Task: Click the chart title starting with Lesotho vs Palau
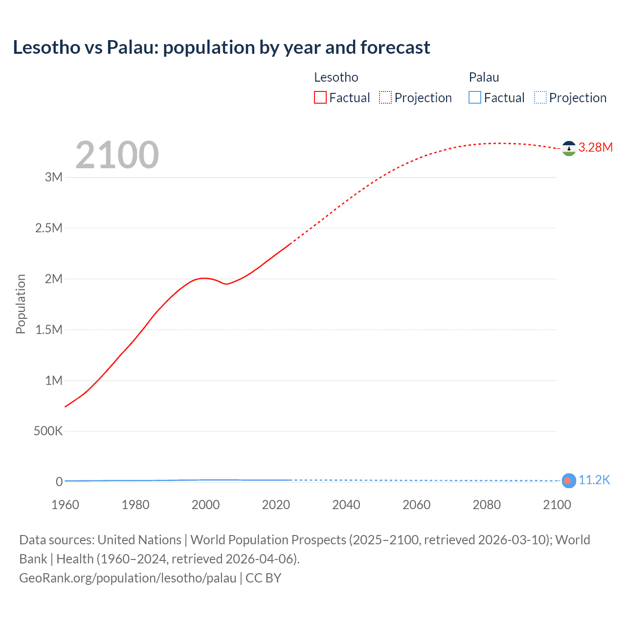221,47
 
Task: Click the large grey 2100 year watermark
117,155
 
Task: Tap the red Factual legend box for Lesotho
320,98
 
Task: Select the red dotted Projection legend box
385,98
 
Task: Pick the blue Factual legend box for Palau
475,98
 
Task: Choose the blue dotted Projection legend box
540,98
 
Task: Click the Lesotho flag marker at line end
568,148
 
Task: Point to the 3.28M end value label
595,148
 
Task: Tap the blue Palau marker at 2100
568,481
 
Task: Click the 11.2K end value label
594,480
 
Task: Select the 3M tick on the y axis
54,177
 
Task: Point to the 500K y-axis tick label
48,431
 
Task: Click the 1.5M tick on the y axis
49,330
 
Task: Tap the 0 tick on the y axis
59,482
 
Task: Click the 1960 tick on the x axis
65,505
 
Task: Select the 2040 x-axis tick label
346,505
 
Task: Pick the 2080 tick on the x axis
487,505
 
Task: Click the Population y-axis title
21,304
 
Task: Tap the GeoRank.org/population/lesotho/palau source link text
128,578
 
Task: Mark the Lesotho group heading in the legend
336,77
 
